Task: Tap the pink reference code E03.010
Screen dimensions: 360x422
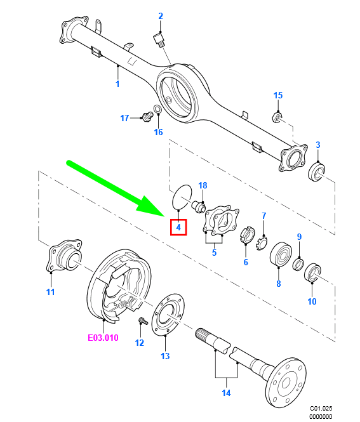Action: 103,338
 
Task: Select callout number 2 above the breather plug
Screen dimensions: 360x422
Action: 161,16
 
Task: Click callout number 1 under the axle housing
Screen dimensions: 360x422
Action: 117,84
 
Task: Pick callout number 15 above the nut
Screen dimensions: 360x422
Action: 278,95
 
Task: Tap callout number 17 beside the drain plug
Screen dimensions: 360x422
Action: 124,118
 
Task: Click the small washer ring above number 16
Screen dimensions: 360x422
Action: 158,109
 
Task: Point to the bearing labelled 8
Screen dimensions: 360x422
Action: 281,254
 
